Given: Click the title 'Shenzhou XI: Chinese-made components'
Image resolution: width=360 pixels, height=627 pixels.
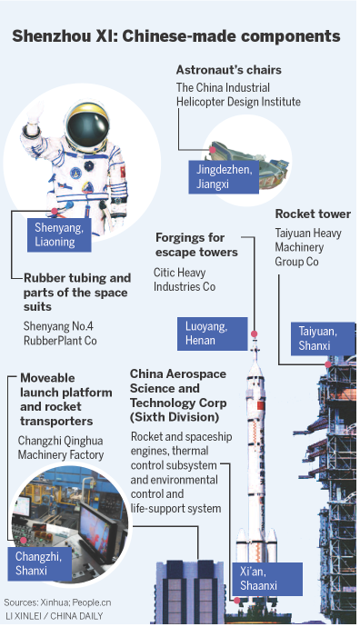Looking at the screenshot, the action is point(176,36).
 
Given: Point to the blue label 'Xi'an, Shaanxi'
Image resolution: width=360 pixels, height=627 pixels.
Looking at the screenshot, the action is point(273,579).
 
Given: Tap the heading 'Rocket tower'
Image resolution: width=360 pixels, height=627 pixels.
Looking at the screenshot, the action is point(313,214).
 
